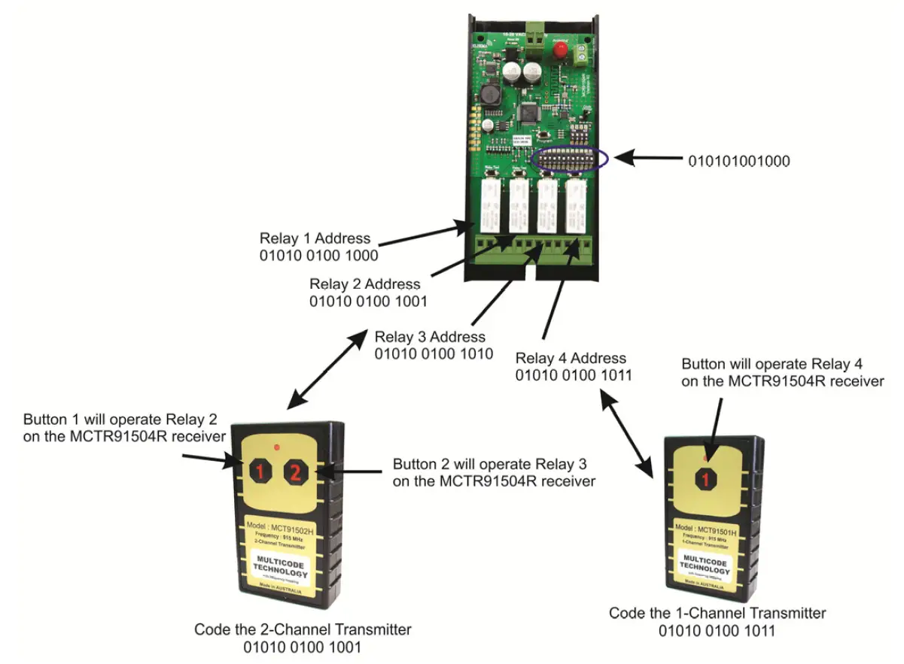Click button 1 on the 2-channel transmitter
258,472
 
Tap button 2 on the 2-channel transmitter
296,472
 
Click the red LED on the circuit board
560,50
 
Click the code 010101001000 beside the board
738,160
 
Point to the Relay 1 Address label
315,238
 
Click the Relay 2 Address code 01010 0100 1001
368,302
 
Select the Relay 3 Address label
430,336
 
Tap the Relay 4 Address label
571,358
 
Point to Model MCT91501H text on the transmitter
705,529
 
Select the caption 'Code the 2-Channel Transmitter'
303,629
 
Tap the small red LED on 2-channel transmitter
277,448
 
